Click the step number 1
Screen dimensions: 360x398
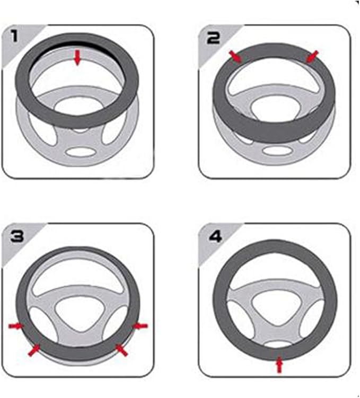pos(14,36)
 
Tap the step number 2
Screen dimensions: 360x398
pos(213,38)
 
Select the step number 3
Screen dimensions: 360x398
pos(17,236)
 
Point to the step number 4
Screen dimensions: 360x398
pos(215,236)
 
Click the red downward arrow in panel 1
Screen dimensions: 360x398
pos(78,57)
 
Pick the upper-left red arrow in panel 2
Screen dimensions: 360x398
pos(235,56)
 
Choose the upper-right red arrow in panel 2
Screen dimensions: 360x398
pos(312,56)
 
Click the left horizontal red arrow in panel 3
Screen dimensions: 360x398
pos(16,325)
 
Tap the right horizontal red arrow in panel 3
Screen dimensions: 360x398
pos(140,325)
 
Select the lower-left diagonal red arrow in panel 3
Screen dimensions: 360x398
pos(34,350)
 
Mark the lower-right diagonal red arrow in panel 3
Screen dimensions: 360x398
pos(121,350)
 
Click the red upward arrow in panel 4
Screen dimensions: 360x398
pos(279,365)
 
